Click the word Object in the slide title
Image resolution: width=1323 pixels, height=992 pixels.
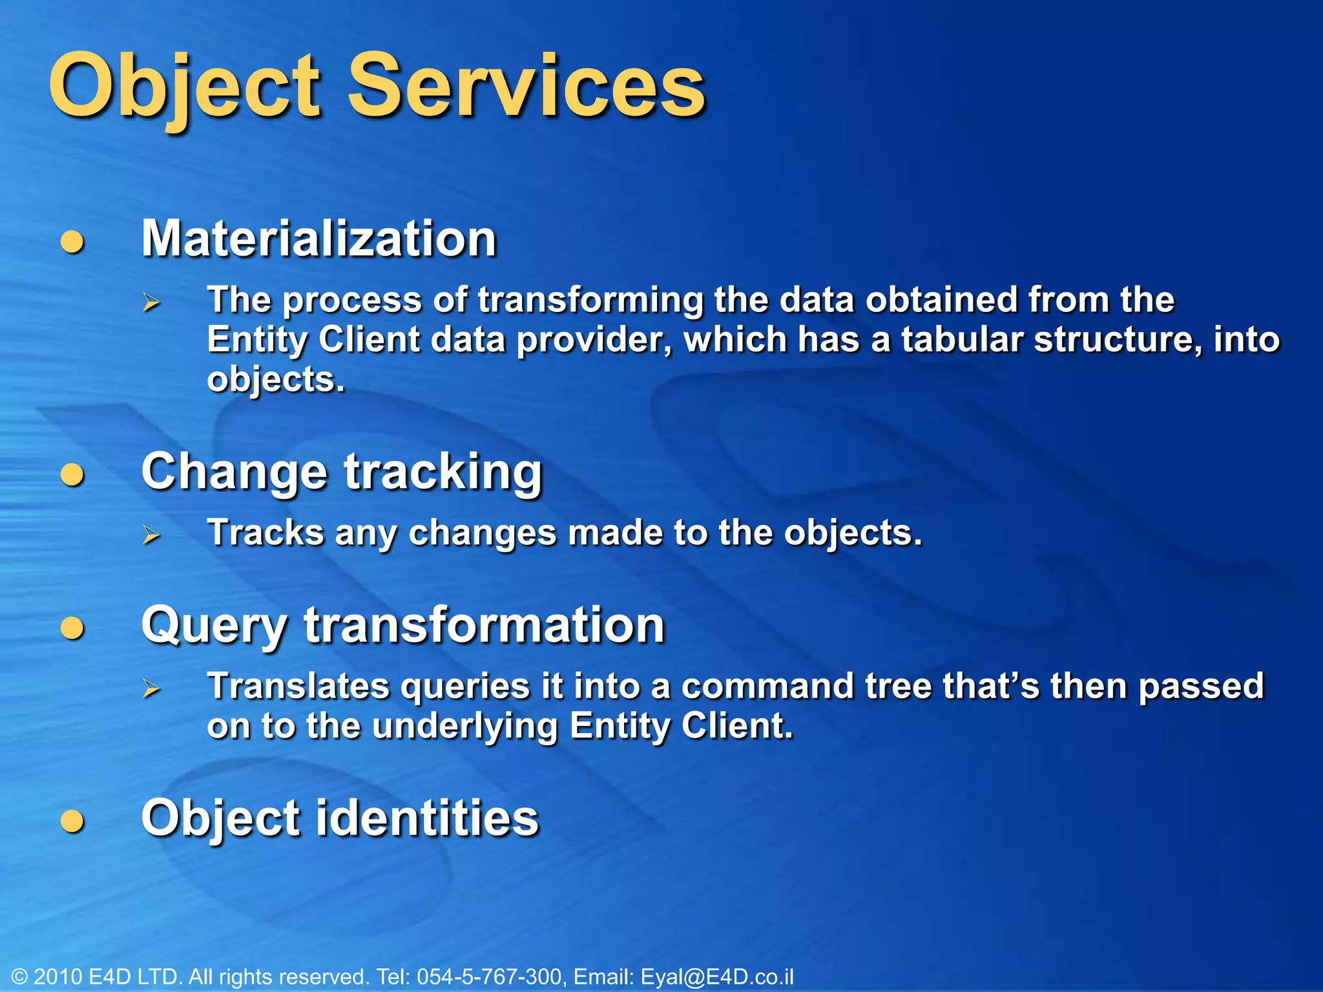coord(184,87)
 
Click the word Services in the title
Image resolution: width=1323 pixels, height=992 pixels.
coord(526,87)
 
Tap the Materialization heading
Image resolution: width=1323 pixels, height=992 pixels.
coord(319,239)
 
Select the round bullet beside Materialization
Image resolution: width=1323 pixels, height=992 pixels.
coord(72,242)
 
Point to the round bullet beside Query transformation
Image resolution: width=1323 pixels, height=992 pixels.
coord(72,628)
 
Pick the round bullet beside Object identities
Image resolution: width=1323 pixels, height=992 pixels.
coord(72,821)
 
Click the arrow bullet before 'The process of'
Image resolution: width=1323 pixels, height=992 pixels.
coord(151,302)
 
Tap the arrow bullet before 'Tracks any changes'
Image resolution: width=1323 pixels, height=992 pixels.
coord(151,535)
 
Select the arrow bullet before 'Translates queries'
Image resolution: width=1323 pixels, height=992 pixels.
coord(151,688)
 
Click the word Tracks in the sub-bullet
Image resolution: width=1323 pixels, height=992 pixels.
coord(266,533)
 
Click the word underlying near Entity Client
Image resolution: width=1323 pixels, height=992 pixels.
coord(465,727)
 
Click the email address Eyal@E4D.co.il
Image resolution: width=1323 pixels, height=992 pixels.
coord(716,976)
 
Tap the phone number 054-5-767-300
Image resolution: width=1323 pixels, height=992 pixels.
coord(489,976)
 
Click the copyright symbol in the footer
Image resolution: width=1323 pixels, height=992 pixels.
coord(19,977)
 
